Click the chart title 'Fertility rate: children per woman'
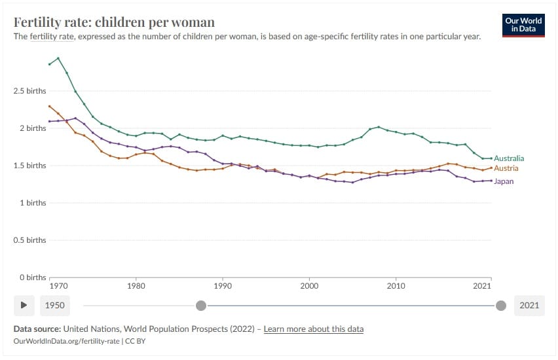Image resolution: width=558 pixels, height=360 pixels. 114,23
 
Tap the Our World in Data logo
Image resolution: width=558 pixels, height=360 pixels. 524,26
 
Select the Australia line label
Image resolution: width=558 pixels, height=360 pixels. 509,158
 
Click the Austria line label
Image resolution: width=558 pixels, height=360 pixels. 506,169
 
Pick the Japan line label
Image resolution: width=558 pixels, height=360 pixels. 504,181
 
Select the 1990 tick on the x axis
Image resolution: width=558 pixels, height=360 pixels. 223,286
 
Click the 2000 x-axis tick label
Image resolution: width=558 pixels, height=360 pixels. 309,286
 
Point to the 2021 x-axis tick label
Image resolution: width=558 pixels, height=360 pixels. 482,286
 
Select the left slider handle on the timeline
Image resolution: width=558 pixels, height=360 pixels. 201,305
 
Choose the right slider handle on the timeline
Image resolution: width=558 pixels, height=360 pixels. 501,305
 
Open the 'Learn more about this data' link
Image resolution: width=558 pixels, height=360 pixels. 313,329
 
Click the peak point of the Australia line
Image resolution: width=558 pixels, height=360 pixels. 58,58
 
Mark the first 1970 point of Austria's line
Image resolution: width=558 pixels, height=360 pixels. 49,106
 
